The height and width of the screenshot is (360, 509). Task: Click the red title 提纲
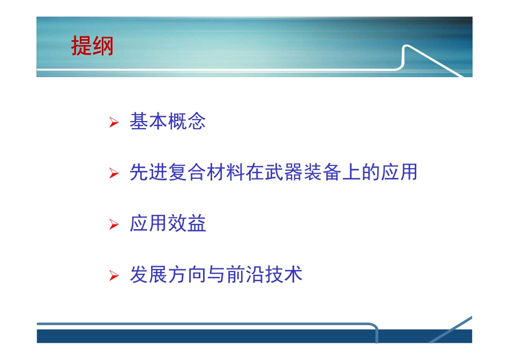(x=92, y=47)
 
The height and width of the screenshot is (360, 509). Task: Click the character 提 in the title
(x=81, y=47)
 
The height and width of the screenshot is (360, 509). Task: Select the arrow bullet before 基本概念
(x=113, y=123)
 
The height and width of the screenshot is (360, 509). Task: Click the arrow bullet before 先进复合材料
(x=113, y=174)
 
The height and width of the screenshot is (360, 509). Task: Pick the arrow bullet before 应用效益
(x=113, y=225)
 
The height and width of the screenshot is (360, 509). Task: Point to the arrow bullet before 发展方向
(x=113, y=276)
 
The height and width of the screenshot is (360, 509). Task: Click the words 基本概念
(x=168, y=122)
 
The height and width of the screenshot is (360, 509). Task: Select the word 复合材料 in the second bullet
(x=206, y=173)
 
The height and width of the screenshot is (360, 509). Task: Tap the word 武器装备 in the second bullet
(x=303, y=173)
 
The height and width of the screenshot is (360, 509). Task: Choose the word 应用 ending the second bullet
(x=399, y=173)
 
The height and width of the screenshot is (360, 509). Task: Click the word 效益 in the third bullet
(x=187, y=224)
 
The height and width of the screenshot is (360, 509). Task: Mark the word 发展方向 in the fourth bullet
(x=168, y=275)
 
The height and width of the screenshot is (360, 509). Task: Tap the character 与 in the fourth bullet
(x=216, y=275)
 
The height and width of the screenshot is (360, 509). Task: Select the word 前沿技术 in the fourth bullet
(x=264, y=275)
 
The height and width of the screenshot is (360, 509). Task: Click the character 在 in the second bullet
(x=254, y=173)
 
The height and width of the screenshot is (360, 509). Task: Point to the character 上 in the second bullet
(x=351, y=173)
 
